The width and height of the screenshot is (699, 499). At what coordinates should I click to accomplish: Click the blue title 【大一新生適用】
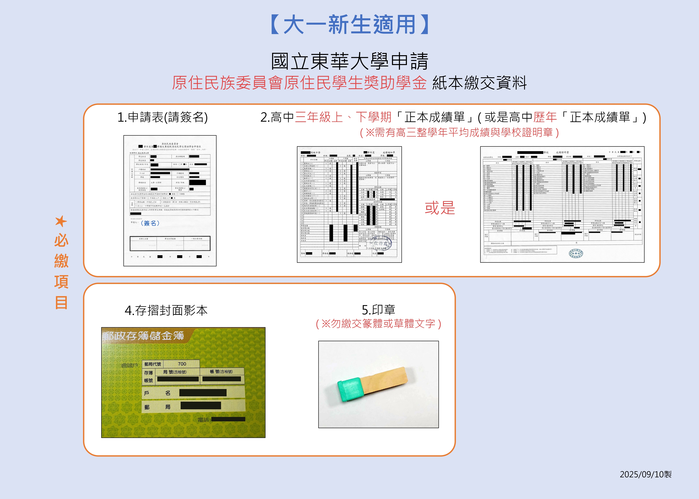tap(349, 25)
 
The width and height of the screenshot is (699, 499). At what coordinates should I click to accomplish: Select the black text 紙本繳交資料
tap(479, 83)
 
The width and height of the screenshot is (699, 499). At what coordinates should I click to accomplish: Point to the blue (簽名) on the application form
tap(150, 223)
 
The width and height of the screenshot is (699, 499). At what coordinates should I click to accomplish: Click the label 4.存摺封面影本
tap(166, 310)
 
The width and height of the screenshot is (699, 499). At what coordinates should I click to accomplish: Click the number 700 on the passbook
tap(182, 364)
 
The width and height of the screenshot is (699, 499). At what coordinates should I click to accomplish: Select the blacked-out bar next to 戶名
tap(203, 393)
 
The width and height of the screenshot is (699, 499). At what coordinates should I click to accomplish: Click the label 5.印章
tap(378, 310)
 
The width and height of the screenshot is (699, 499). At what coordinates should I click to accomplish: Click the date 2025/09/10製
tap(645, 474)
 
